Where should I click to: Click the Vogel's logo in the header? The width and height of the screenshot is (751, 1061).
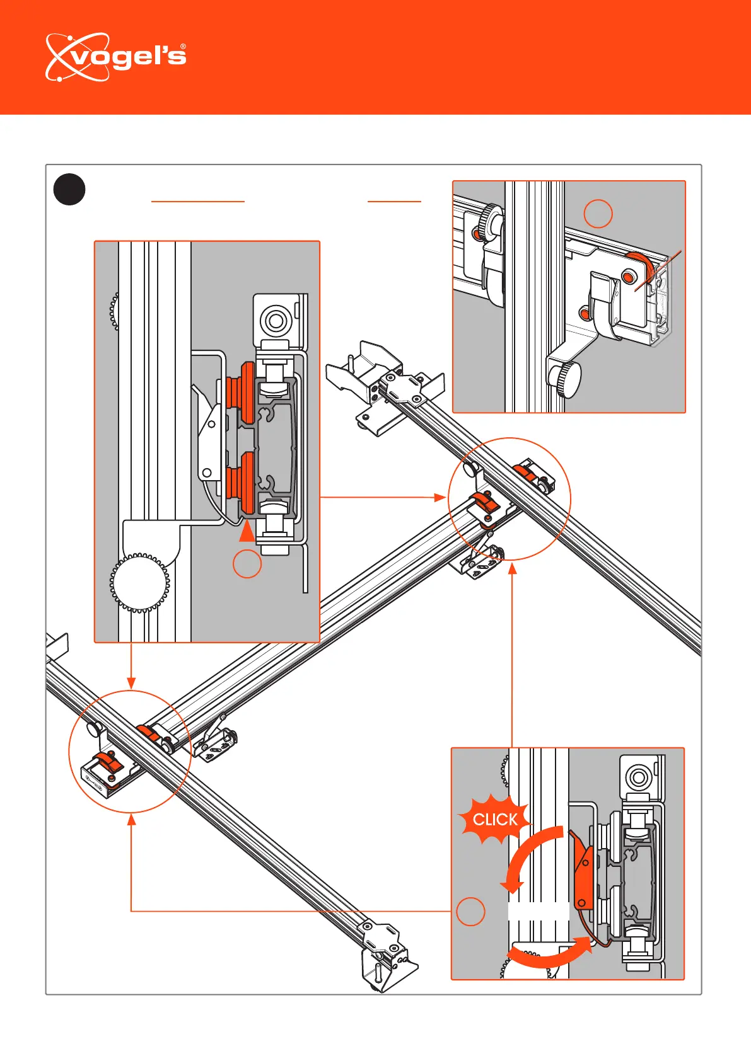click(x=115, y=57)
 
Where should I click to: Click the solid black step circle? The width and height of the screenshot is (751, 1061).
click(x=69, y=190)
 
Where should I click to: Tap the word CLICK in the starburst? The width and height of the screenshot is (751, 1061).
click(x=495, y=820)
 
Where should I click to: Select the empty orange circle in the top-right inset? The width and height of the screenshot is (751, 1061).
click(x=598, y=214)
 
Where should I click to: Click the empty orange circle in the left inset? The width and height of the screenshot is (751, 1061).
click(x=247, y=564)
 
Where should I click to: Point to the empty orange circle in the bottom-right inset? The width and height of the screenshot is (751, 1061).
click(x=470, y=911)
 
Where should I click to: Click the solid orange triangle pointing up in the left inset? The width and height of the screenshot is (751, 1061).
click(x=247, y=530)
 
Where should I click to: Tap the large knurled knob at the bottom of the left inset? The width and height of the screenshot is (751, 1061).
click(x=140, y=582)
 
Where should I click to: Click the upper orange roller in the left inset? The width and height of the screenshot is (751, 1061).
click(x=242, y=393)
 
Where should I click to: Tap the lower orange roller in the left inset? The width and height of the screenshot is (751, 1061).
click(x=242, y=483)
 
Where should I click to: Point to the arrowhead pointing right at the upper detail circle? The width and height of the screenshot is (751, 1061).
click(x=440, y=497)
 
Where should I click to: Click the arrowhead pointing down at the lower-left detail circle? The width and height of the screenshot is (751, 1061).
click(x=131, y=684)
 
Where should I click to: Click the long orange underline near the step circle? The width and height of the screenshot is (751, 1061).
click(x=198, y=202)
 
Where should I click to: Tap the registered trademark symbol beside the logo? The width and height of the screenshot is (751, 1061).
click(x=183, y=47)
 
